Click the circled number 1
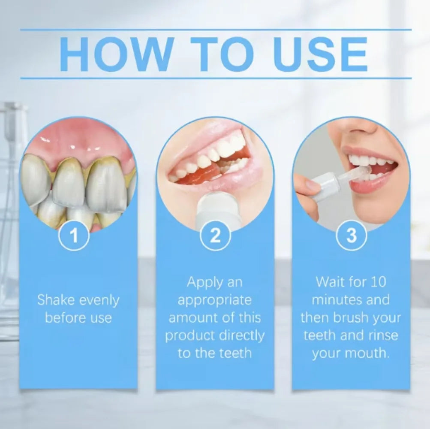click(74, 235)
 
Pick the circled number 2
click(215, 235)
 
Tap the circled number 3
click(351, 235)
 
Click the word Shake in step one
click(56, 300)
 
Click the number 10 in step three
click(378, 282)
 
